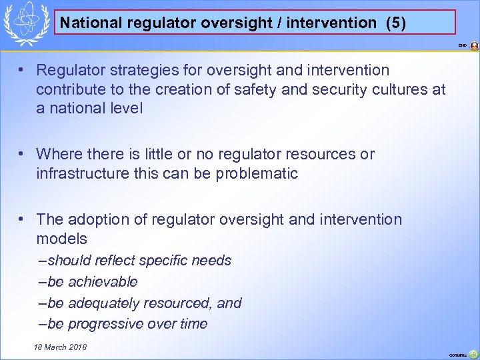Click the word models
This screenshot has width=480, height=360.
[x=61, y=238]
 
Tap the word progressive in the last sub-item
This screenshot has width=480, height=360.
[x=105, y=324]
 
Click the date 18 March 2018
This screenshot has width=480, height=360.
[x=60, y=347]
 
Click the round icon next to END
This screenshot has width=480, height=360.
[x=474, y=46]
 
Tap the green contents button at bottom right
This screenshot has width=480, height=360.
[x=473, y=354]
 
